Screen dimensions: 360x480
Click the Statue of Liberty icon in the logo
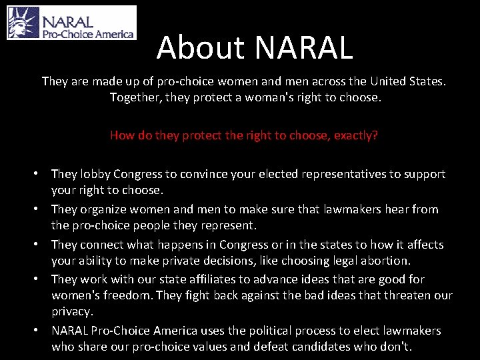23,23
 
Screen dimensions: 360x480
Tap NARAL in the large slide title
303,47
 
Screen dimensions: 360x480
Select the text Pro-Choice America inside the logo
89,33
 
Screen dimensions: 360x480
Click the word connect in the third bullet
102,245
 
